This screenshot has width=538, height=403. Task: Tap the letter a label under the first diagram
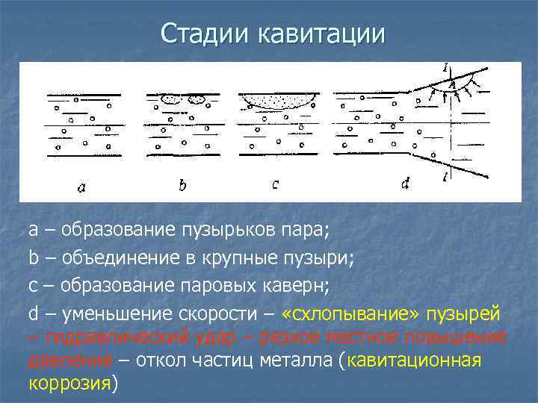click(x=81, y=188)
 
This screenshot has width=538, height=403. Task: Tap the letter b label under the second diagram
click(x=182, y=185)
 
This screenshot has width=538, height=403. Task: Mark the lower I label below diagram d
click(x=446, y=176)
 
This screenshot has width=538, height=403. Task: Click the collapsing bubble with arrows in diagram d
click(x=453, y=88)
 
